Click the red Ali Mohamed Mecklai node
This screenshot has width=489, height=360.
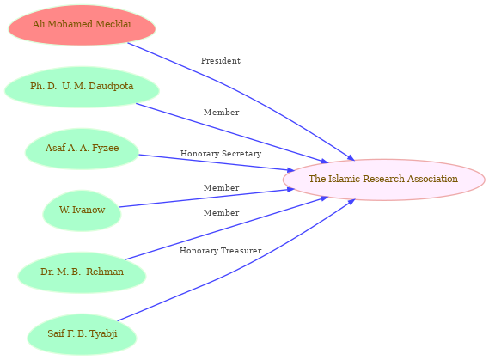82,25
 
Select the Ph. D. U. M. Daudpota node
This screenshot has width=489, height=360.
82,87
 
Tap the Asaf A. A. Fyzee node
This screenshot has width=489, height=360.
82,149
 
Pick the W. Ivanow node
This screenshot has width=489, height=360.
82,211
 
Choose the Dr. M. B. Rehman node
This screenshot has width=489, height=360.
82,272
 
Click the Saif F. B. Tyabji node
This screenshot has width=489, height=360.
82,334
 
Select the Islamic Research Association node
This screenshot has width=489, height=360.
383,180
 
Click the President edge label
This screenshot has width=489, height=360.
221,60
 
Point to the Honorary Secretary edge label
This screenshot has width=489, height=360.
221,153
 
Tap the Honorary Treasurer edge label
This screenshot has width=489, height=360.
220,251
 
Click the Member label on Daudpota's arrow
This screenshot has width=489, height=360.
221,112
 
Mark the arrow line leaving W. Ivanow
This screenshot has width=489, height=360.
206,198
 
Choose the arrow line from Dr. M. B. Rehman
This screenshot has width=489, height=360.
227,229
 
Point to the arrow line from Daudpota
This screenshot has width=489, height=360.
232,133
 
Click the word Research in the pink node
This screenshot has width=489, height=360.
383,179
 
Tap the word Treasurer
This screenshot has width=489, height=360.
241,251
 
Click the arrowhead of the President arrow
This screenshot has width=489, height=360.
351,158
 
